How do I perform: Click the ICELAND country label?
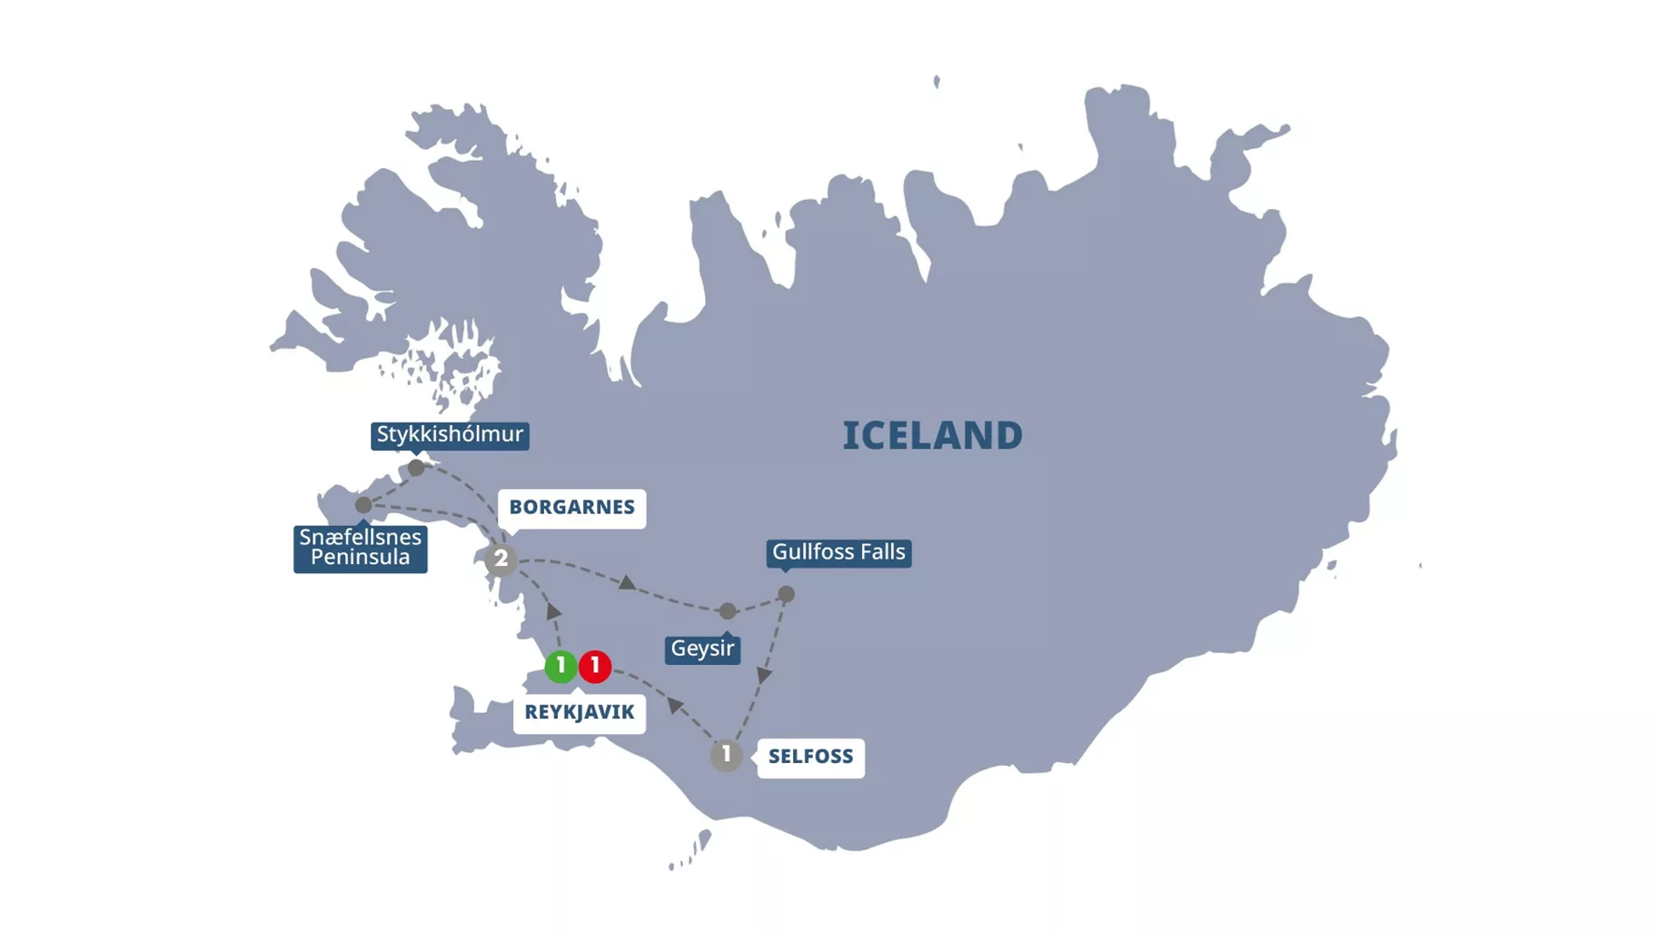point(932,436)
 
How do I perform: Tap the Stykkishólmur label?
point(450,434)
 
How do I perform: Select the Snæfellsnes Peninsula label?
point(360,548)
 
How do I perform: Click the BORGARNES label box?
point(571,507)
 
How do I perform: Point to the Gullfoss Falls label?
point(838,552)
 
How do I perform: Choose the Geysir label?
point(702,649)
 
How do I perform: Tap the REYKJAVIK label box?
point(579,712)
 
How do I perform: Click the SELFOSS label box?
point(810,757)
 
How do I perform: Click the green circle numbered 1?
point(561,666)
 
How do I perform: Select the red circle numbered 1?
point(595,666)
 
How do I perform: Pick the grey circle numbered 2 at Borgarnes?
point(501,560)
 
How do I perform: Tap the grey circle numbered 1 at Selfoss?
point(726,755)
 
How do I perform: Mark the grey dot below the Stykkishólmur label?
point(416,468)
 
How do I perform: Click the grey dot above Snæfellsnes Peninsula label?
point(363,504)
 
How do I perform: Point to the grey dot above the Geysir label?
point(728,611)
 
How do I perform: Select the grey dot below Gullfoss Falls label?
point(787,594)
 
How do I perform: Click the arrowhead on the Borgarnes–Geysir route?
point(627,582)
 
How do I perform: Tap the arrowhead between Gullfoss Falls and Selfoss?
point(765,675)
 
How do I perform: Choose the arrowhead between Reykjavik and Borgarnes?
point(554,611)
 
